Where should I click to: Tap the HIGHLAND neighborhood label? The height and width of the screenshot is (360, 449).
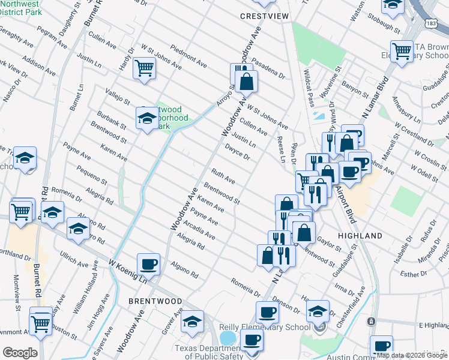(x=360, y=236)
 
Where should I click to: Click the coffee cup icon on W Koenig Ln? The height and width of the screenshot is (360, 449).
(x=148, y=264)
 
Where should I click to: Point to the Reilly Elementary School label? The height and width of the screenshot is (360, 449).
(x=264, y=327)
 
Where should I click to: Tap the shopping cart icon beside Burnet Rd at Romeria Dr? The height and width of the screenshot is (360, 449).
(x=22, y=211)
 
